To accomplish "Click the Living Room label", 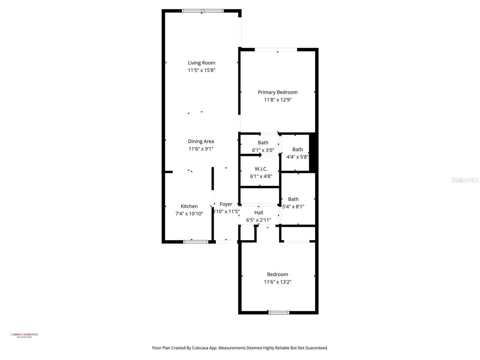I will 201,63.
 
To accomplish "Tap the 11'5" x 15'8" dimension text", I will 201,70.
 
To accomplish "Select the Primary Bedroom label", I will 277,92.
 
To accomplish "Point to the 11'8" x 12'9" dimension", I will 277,100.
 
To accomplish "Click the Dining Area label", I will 201,141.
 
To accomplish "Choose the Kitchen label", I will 189,206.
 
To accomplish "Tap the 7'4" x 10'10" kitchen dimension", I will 189,214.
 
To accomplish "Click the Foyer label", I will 226,204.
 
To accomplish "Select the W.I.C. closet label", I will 261,169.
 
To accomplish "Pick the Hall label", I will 258,213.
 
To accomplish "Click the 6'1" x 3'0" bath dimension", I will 263,150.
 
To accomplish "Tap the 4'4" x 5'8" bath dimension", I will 297,157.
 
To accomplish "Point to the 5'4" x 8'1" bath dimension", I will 293,206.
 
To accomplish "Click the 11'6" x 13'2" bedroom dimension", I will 277,282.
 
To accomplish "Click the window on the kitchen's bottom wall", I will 195,242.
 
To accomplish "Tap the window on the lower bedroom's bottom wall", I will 279,312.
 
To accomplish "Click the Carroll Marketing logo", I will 24,335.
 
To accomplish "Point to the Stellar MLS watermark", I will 465,180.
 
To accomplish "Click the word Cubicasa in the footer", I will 201,348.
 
